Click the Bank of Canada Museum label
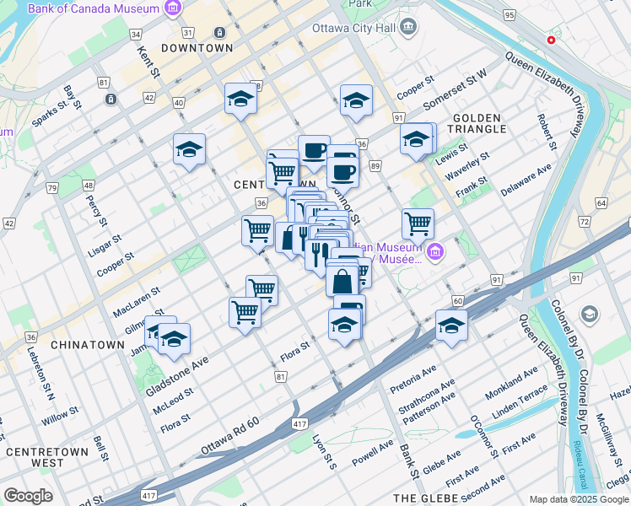coord(93,8)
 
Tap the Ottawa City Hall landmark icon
coord(409,27)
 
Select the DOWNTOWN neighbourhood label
coord(197,48)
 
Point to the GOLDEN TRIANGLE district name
coord(480,122)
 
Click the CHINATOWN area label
coord(82,345)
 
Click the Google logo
coord(28,496)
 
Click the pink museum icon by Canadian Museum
coord(434,251)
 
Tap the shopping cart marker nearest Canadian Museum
coord(418,224)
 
